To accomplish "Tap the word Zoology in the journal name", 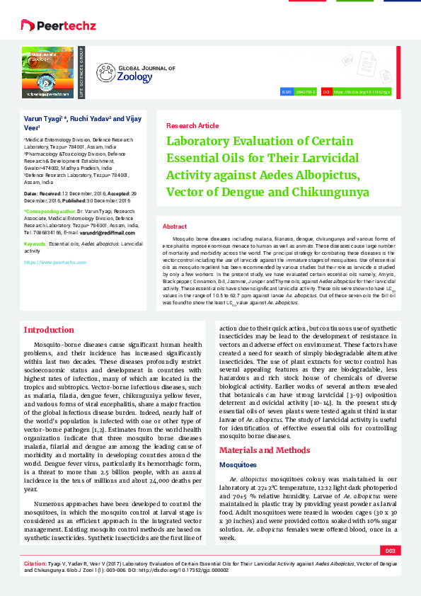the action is tap(134, 76).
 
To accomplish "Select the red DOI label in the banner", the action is tap(327, 92).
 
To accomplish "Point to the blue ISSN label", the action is tap(287, 92).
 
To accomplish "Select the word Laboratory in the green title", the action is tap(200, 141).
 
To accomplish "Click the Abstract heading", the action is tap(175, 227).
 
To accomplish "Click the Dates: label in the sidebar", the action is tap(32, 193).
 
